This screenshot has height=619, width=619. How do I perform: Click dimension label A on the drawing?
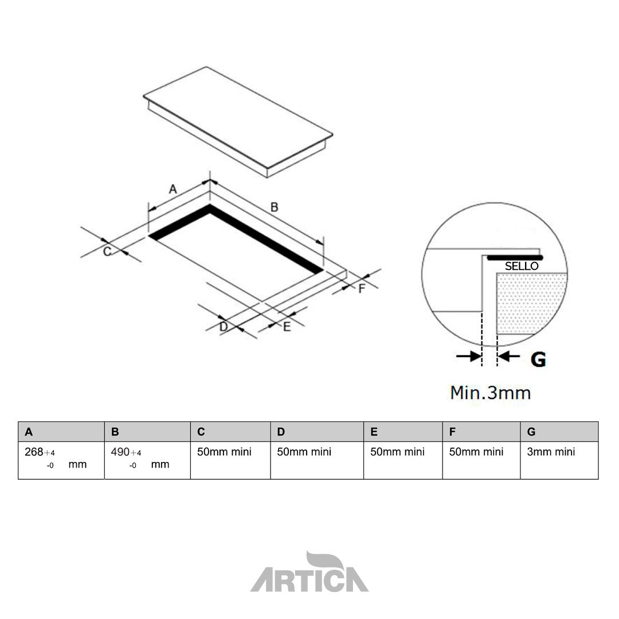point(173,189)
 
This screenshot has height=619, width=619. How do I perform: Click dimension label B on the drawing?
point(274,207)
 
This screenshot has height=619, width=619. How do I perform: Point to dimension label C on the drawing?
point(107,251)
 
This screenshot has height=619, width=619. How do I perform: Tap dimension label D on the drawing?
point(224,327)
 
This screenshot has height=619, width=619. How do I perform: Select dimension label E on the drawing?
point(287,327)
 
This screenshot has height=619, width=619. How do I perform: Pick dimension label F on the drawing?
point(362,288)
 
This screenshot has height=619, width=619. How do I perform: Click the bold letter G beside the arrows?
point(538,359)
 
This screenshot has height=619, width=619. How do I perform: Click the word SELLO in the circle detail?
point(521,267)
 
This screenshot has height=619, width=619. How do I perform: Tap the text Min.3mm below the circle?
point(490,393)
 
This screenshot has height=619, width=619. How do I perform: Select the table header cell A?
point(61,432)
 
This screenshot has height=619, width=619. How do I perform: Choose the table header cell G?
point(559,432)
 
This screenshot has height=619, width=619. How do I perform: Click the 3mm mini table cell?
point(551,452)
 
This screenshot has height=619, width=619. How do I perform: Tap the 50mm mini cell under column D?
point(304,452)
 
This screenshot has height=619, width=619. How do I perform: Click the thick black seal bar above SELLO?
point(514,257)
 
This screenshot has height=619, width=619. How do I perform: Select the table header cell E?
point(402,432)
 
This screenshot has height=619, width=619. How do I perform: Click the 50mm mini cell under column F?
point(476,452)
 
